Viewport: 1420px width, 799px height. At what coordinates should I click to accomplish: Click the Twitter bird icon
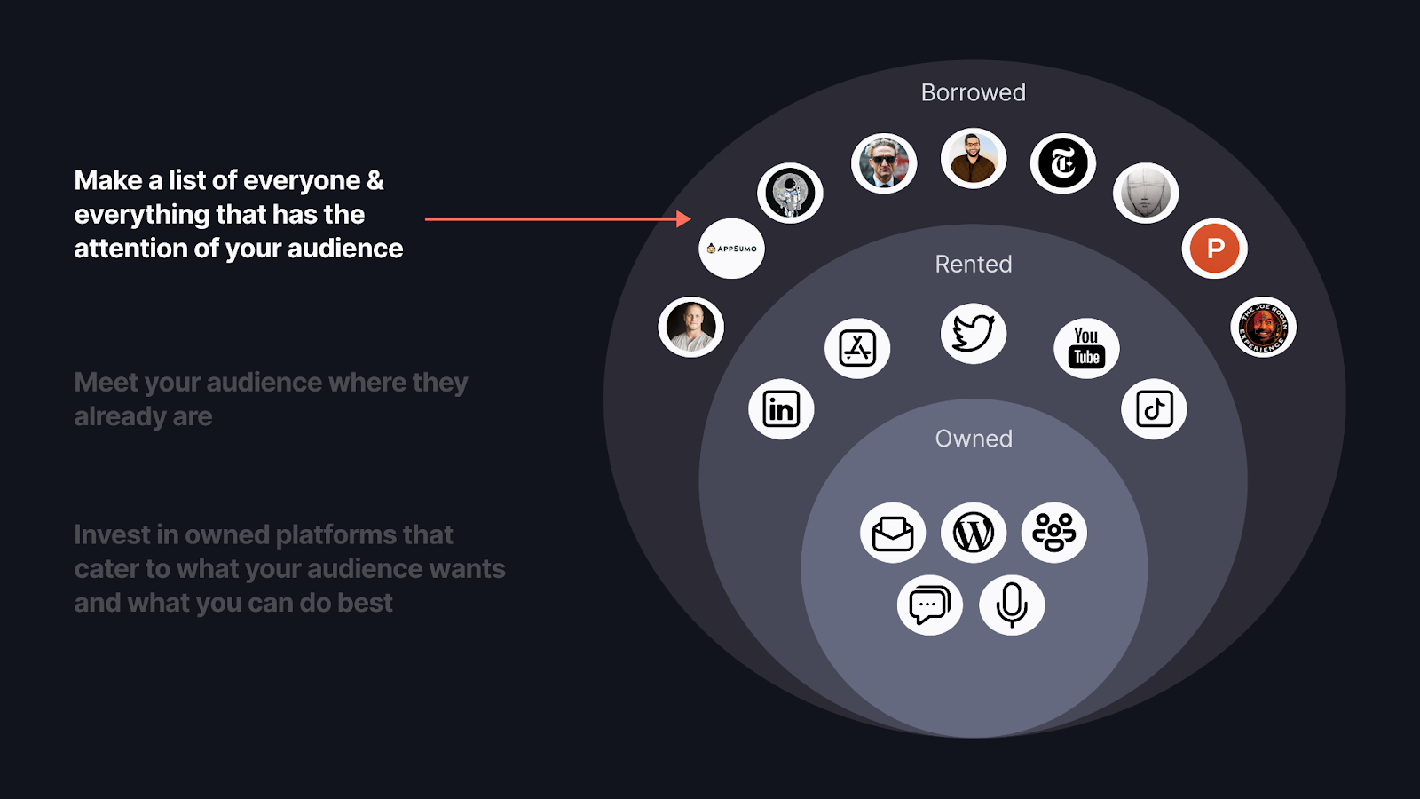[x=974, y=334]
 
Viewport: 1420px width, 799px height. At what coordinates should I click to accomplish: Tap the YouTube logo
[x=1086, y=348]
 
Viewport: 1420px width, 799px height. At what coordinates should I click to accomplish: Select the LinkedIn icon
[x=781, y=409]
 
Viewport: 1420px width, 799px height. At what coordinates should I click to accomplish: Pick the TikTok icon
[x=1154, y=409]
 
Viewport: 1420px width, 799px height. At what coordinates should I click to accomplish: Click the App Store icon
[x=857, y=348]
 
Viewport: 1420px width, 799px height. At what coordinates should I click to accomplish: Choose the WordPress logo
[x=974, y=533]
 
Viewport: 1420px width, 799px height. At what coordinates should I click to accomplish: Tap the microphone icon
[x=1012, y=605]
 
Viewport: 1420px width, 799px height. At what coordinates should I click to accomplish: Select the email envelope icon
[x=893, y=533]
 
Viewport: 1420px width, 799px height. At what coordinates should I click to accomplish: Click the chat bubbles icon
[x=929, y=605]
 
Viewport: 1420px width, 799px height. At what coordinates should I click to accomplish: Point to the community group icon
[x=1054, y=533]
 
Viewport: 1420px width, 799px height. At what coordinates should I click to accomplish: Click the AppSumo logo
[x=731, y=249]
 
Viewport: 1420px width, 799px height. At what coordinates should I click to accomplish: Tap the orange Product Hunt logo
[x=1215, y=249]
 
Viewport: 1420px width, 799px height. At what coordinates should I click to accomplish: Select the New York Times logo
[x=1063, y=163]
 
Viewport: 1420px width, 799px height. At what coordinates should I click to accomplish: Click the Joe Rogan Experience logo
[x=1263, y=327]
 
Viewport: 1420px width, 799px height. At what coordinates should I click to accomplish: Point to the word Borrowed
[x=973, y=92]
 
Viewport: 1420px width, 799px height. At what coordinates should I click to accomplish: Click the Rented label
[x=973, y=264]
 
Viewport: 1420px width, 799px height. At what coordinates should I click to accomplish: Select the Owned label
[x=973, y=439]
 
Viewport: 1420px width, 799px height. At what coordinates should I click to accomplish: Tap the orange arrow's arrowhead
[x=683, y=218]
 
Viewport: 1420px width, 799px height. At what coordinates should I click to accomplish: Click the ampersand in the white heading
[x=375, y=180]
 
